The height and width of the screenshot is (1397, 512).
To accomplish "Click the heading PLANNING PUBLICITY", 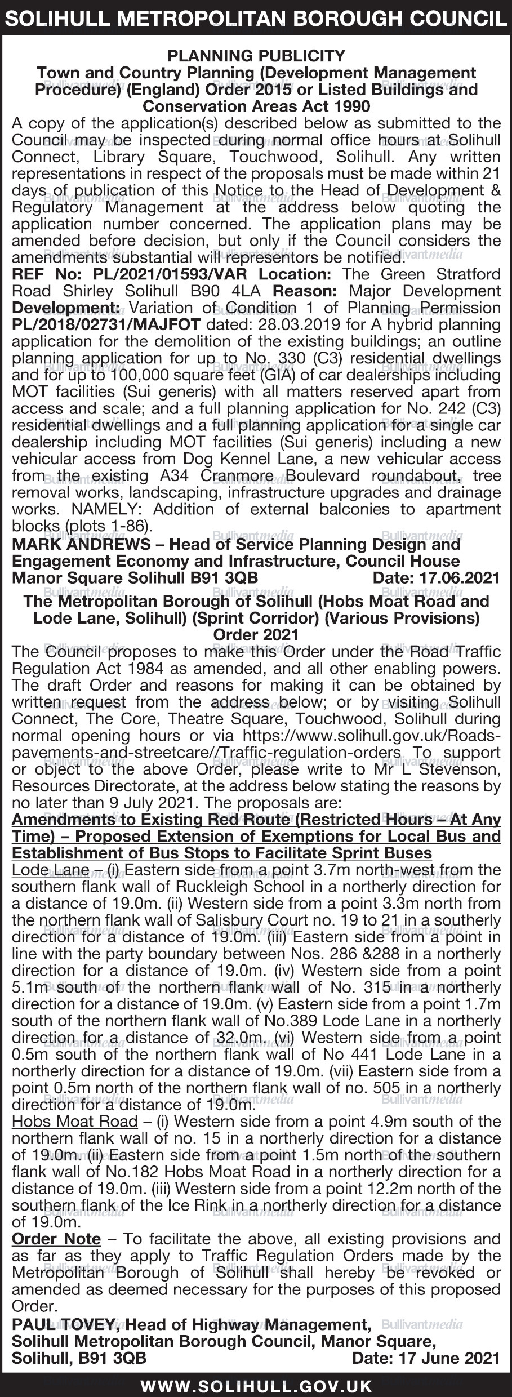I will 256,56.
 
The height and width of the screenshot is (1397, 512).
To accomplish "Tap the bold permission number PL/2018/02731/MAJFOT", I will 106,324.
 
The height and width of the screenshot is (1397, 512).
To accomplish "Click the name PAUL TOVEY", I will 64,1324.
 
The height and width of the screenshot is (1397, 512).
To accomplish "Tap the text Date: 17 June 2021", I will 426,1358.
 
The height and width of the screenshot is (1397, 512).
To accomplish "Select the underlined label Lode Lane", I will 50,870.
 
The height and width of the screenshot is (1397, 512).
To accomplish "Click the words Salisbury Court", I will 208,920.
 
